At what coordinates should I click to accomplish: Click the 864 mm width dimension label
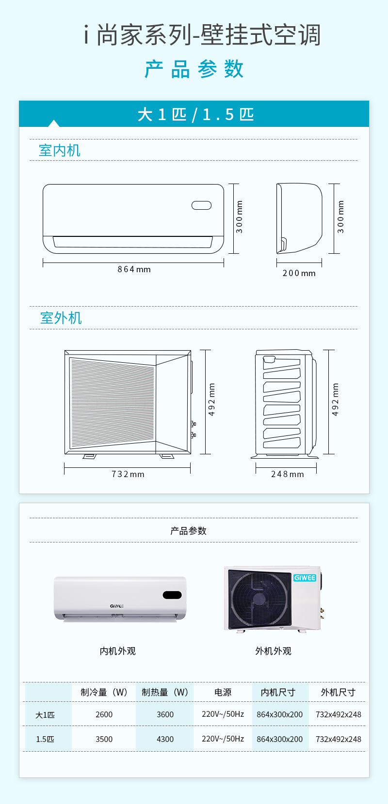coord(134,269)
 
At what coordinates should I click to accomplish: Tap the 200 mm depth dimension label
coord(299,273)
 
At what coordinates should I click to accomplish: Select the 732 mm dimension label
coord(128,474)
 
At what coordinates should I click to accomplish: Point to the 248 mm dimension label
coord(288,474)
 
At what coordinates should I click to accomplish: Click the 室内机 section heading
coord(60,151)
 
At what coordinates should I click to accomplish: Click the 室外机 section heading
coord(61,318)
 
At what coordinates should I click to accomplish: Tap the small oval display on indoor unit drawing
coord(202,205)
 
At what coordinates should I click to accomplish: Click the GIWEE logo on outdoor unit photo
coord(305,578)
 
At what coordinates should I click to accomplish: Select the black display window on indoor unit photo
coord(172,595)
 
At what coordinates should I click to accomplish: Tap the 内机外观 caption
coord(117,651)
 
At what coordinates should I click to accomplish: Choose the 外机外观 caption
coord(273,651)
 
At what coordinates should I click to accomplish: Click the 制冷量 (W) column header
coord(104,693)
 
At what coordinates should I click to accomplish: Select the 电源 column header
coord(223,693)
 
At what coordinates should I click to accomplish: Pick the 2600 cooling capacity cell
coord(104,714)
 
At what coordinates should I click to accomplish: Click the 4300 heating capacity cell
coord(165,739)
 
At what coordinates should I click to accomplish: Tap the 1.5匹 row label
coord(45,740)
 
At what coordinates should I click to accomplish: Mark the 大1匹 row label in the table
coord(45,715)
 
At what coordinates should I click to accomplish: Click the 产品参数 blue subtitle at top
coord(194,69)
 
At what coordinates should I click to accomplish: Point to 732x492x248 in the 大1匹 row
coord(339,714)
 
